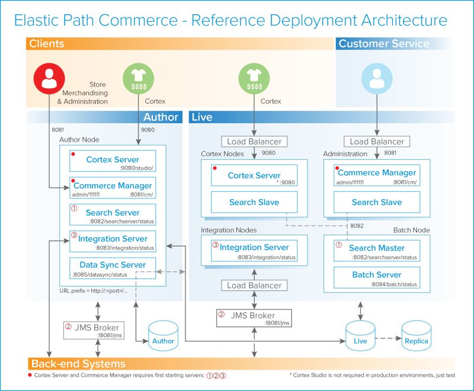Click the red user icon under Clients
(x=48, y=80)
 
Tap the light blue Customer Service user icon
(x=377, y=80)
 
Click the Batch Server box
(x=376, y=278)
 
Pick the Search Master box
(x=376, y=251)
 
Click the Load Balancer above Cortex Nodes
(x=254, y=142)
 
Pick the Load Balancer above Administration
(x=377, y=142)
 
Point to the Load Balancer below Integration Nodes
(x=254, y=285)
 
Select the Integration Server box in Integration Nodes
(x=254, y=250)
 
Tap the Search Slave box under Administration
(x=376, y=202)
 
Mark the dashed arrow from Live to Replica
(x=388, y=339)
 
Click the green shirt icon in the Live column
(x=254, y=80)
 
